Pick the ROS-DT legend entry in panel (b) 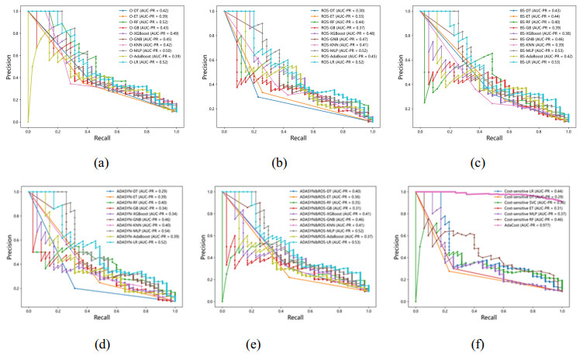click(x=338, y=9)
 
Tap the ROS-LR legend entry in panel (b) click(x=338, y=64)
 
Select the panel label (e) click(x=294, y=342)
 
